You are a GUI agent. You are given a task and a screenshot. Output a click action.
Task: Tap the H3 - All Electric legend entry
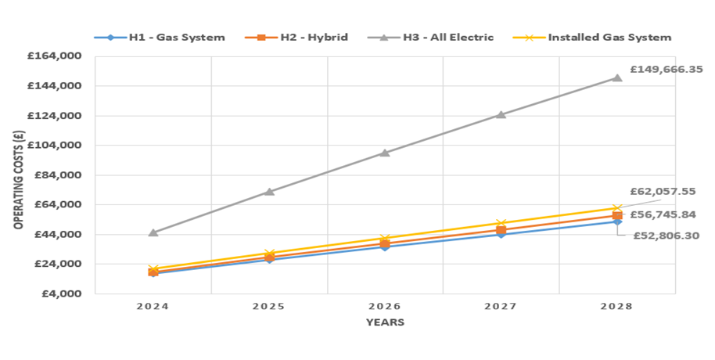[x=438, y=37]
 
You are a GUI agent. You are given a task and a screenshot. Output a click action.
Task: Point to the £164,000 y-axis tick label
[x=57, y=56]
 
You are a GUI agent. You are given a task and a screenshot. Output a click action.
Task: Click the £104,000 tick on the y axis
[x=57, y=146]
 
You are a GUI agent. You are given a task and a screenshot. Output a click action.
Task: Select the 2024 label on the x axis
[x=153, y=306]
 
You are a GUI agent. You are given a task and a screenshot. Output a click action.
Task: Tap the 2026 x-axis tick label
[x=385, y=306]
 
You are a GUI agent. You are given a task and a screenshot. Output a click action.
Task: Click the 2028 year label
[x=616, y=306]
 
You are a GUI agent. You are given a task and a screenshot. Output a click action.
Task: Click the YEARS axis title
[x=385, y=322]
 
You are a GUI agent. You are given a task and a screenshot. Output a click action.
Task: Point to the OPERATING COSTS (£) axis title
[x=16, y=175]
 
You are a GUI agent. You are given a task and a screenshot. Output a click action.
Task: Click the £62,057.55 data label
[x=663, y=191]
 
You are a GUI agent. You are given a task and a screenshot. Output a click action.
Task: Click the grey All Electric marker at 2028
[x=617, y=77]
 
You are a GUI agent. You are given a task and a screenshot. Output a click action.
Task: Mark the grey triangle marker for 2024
[x=153, y=232]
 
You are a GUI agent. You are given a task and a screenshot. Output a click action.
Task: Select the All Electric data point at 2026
[x=385, y=153]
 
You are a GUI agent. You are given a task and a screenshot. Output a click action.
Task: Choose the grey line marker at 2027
[x=501, y=114]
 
